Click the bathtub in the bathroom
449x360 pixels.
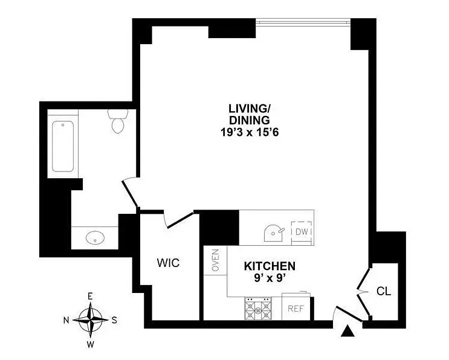[x=63, y=147]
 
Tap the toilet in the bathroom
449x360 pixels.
[x=117, y=121]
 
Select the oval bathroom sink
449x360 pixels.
[x=95, y=238]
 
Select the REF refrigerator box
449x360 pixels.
[x=295, y=308]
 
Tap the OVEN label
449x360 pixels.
[x=215, y=260]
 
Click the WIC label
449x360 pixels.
[x=168, y=263]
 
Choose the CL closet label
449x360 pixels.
[x=384, y=291]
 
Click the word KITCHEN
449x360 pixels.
[x=269, y=266]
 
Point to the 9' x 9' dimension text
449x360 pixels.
[x=269, y=279]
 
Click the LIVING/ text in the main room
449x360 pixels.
[x=248, y=109]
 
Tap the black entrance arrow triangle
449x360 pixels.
[x=347, y=331]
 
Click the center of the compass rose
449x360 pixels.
[x=91, y=319]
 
